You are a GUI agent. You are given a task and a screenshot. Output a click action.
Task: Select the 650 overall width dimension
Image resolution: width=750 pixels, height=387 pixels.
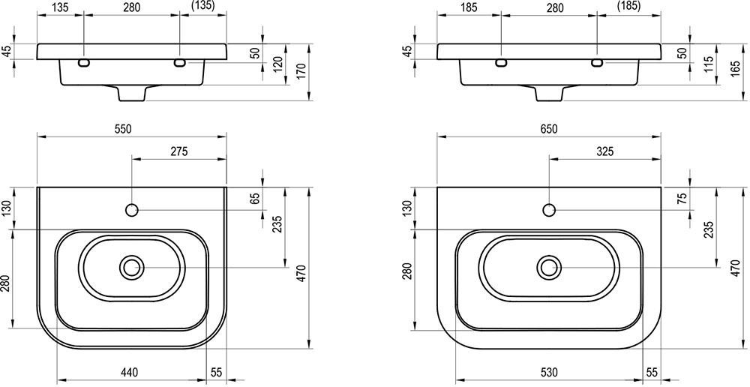tap(549, 129)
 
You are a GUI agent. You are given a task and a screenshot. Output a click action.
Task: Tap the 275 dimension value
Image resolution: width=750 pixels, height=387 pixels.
tap(178, 151)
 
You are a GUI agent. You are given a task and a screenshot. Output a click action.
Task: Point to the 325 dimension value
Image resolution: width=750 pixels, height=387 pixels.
tap(605, 151)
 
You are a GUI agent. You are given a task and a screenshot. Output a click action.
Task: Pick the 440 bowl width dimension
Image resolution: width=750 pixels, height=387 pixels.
tap(129, 372)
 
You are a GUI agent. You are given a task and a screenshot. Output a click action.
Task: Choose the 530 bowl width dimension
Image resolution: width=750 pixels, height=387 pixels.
tap(549, 372)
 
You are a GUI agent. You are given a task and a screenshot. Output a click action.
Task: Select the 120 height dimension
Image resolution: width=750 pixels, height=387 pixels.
tap(279, 63)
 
